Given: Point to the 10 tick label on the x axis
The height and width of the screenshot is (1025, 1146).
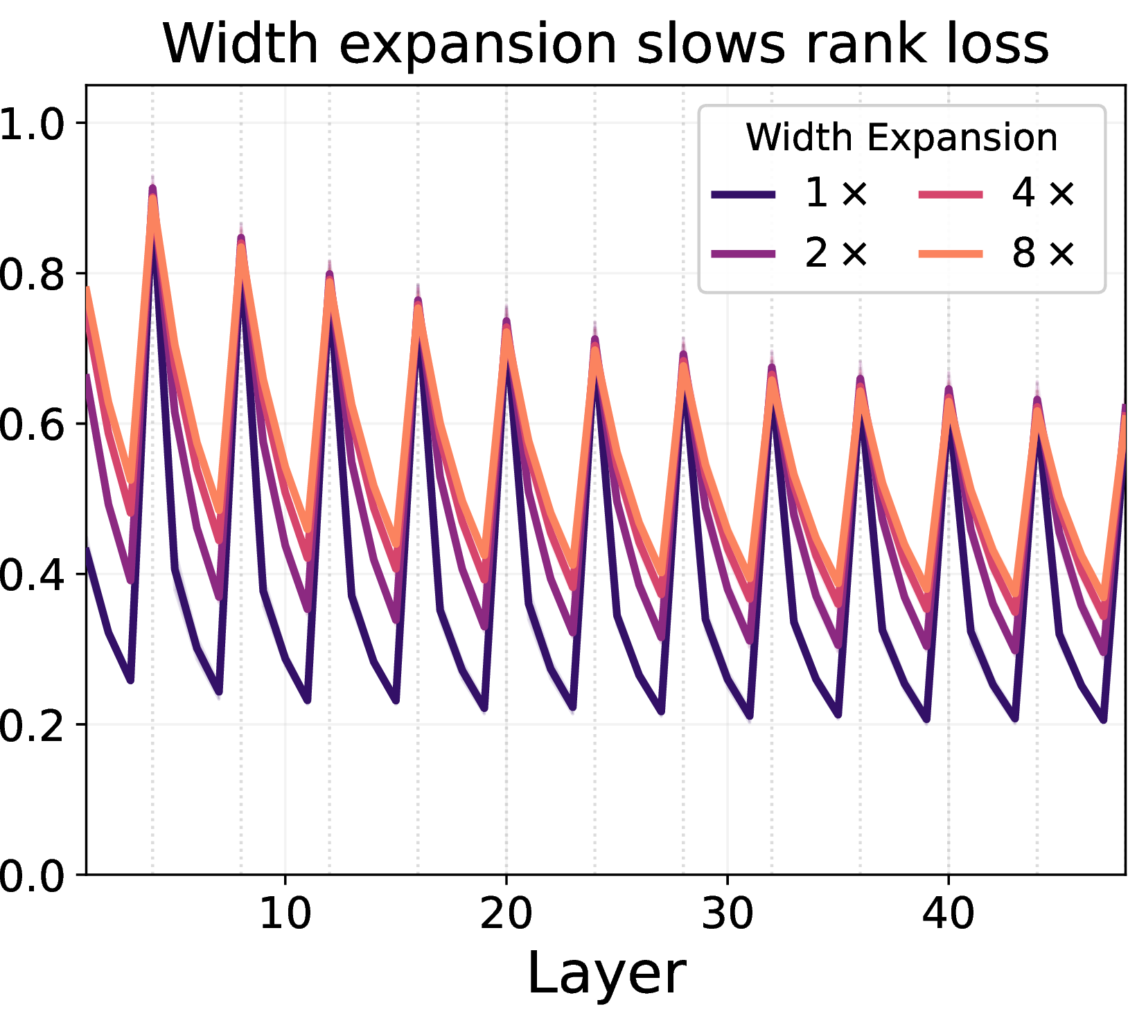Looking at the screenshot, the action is pyautogui.click(x=285, y=913).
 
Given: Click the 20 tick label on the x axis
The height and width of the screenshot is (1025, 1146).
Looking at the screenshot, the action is pyautogui.click(x=506, y=913).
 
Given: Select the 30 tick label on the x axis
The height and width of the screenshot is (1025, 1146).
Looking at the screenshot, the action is pyautogui.click(x=727, y=913).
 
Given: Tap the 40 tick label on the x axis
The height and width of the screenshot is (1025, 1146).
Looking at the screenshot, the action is pyautogui.click(x=948, y=913).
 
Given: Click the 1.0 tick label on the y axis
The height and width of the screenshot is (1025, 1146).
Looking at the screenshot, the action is pyautogui.click(x=32, y=123).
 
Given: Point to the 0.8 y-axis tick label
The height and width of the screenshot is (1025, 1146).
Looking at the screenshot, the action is pyautogui.click(x=32, y=274).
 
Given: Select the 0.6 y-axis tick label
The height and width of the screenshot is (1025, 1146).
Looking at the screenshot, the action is pyautogui.click(x=32, y=424).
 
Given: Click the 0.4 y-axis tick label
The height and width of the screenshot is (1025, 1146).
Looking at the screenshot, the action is pyautogui.click(x=32, y=574).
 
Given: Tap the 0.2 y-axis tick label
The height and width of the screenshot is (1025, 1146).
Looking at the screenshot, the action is pyautogui.click(x=32, y=724).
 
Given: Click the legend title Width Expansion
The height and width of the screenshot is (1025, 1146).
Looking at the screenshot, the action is pyautogui.click(x=901, y=137).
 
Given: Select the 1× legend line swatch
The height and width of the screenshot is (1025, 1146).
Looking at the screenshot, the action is pyautogui.click(x=743, y=195).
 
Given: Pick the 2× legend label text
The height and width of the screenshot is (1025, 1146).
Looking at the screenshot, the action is pyautogui.click(x=836, y=253).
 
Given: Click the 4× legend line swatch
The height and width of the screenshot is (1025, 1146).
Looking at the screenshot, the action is pyautogui.click(x=951, y=195).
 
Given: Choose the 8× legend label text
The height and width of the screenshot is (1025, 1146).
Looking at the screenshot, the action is pyautogui.click(x=1043, y=253).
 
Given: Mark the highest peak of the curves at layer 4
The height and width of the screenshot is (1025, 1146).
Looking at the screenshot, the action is pyautogui.click(x=152, y=188).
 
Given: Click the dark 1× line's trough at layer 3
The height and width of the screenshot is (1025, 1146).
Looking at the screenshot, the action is pyautogui.click(x=130, y=680).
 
